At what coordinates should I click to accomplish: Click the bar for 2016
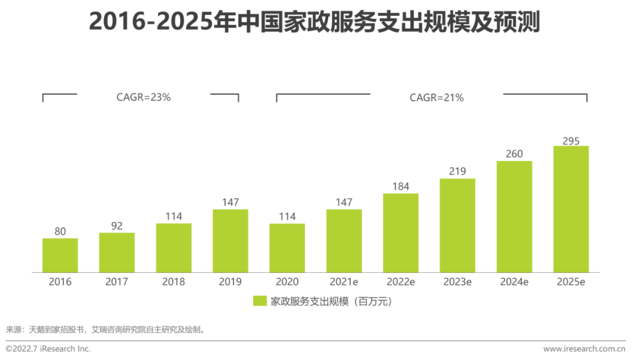(60, 255)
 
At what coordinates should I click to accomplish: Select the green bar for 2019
(231, 241)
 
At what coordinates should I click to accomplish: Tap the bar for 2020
(287, 248)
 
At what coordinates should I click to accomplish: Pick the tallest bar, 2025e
(571, 209)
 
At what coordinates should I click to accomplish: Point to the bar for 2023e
(458, 225)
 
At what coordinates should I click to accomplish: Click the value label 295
(571, 141)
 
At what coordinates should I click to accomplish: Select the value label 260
(514, 154)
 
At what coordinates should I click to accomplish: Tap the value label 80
(60, 232)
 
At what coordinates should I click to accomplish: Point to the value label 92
(117, 226)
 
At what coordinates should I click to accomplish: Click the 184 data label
(401, 187)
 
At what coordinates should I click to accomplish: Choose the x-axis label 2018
(174, 282)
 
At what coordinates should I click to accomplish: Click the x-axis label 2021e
(344, 282)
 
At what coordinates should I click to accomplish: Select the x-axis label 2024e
(514, 282)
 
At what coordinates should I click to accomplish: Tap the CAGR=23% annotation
(143, 98)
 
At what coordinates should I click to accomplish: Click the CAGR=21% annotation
(437, 98)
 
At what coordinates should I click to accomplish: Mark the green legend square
(260, 301)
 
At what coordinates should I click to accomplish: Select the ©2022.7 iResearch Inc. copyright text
(48, 349)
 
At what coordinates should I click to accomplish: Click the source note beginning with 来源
(106, 329)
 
